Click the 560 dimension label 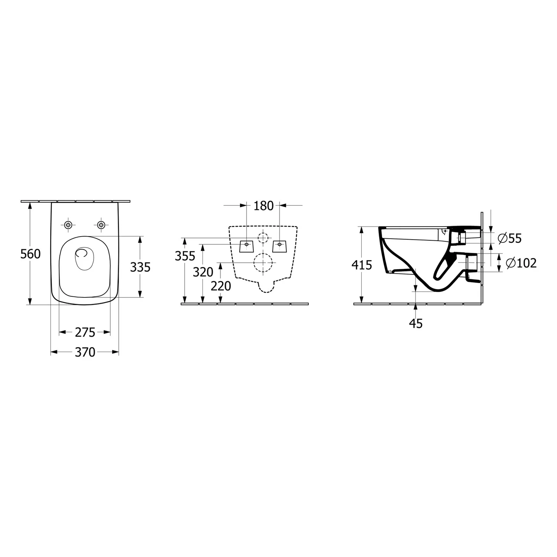[31, 254]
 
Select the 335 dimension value [140, 267]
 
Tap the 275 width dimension [85, 332]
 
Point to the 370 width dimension [85, 352]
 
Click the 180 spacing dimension [264, 205]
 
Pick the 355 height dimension [185, 256]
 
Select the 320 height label [203, 272]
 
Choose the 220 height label [221, 286]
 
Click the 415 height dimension [362, 265]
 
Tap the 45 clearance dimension [416, 323]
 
